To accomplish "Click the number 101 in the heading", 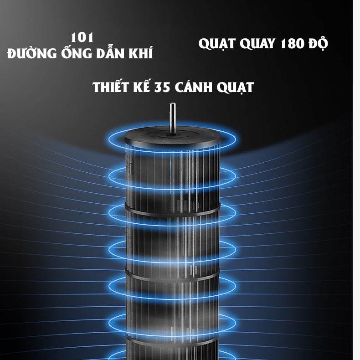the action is tap(82, 37).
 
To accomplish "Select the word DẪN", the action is tap(109, 53).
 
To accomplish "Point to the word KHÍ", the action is tap(140, 53).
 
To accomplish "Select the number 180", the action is tap(291, 43).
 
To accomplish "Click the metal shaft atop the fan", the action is tap(173, 116).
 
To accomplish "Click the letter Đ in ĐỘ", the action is tap(314, 44).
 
